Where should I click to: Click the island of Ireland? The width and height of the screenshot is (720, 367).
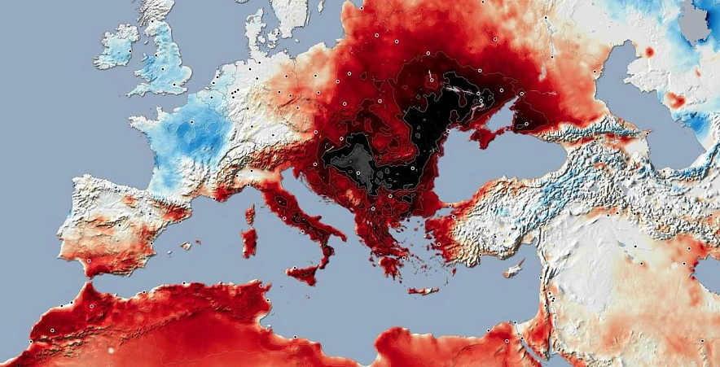point(116,49)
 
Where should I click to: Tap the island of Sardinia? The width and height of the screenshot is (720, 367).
point(249,241)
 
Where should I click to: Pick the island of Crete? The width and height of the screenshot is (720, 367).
point(423,291)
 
